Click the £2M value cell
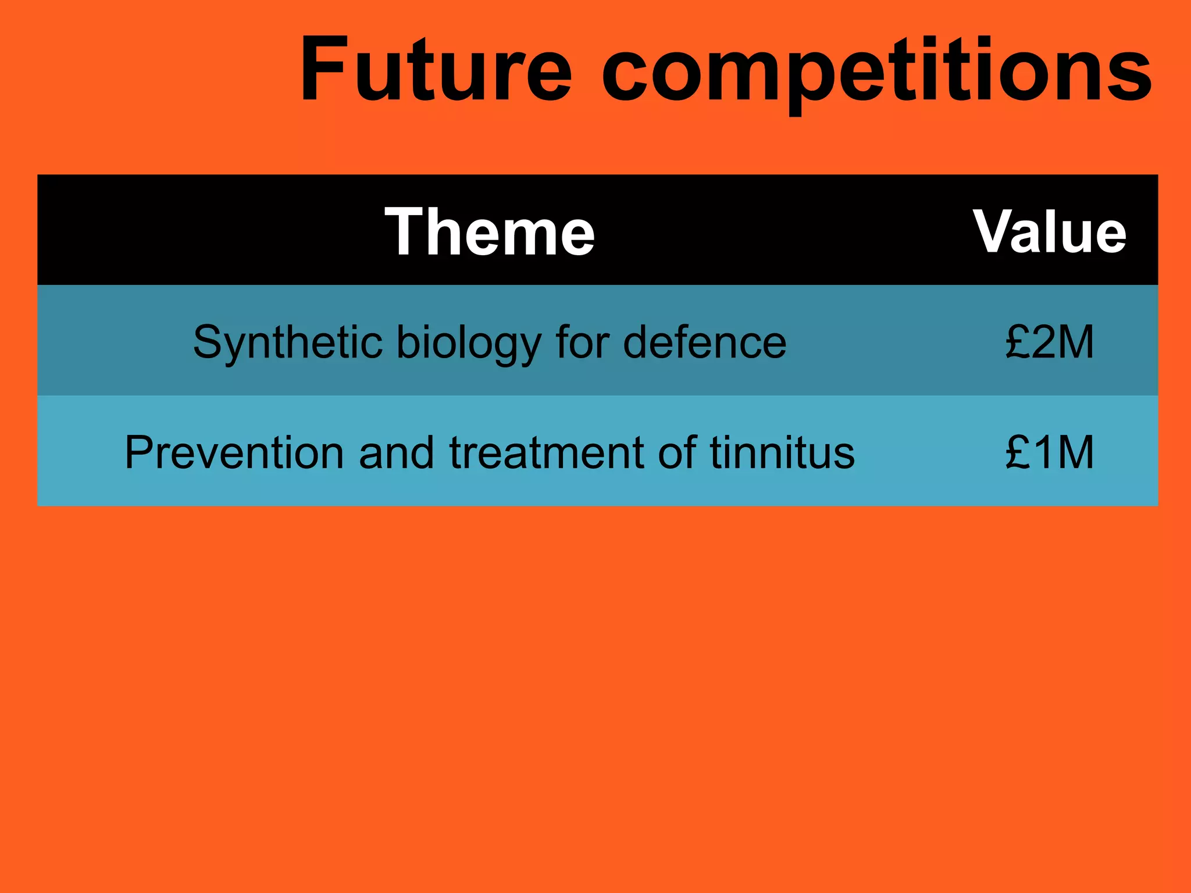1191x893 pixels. click(1050, 342)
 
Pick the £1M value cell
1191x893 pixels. click(1050, 452)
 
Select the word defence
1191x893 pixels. click(704, 342)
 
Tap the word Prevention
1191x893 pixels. click(234, 452)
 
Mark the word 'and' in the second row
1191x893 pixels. click(396, 452)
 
